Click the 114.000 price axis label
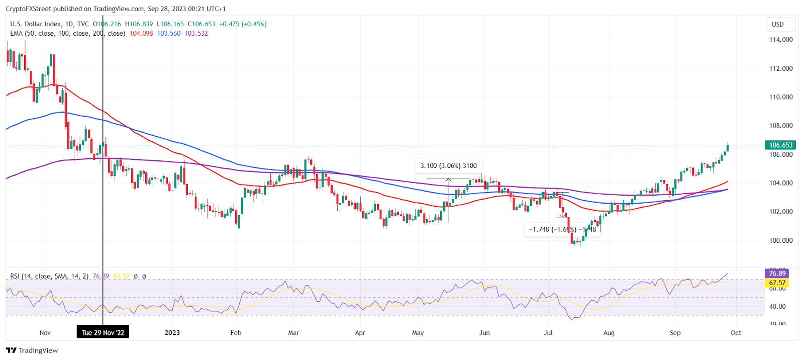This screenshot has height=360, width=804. tap(781, 40)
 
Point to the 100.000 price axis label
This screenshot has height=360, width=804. tap(781, 240)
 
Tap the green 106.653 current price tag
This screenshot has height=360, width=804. tap(780, 145)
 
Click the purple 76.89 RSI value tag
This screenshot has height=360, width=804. tap(777, 274)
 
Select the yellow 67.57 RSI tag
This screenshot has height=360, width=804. tap(777, 283)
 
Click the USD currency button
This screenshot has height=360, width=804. tap(777, 24)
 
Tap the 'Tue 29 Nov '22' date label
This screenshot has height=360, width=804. tap(103, 332)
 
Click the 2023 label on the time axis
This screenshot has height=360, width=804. tap(172, 332)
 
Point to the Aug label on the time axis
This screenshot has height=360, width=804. tap(609, 332)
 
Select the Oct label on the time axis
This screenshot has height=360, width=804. tap(736, 332)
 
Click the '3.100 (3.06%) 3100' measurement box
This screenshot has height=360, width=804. tap(448, 165)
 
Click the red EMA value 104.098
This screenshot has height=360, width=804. tap(141, 33)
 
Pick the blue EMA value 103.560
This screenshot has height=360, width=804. tap(168, 33)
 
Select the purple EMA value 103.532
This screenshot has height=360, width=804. tap(196, 33)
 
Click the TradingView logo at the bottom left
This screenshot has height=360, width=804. tap(32, 350)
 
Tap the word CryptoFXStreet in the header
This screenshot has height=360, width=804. tap(29, 9)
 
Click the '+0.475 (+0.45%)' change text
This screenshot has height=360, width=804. tap(243, 24)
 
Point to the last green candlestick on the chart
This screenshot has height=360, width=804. tap(727, 148)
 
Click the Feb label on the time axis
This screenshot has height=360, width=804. tap(235, 332)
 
